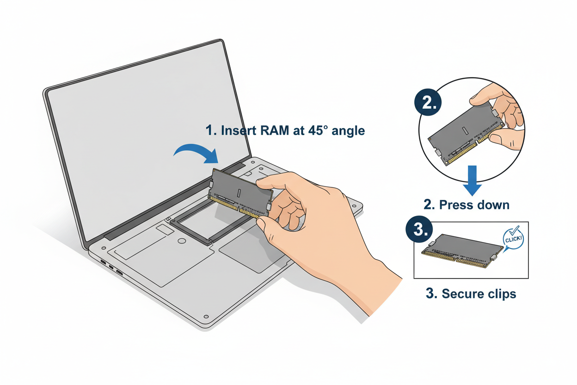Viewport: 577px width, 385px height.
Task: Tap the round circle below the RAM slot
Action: pyautogui.click(x=182, y=241)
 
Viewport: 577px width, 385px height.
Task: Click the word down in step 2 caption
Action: pyautogui.click(x=494, y=205)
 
